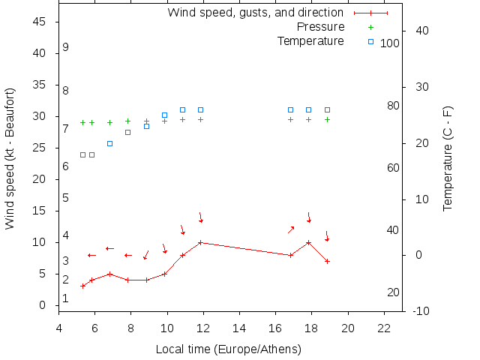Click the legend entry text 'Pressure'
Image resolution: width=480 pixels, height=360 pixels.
pyautogui.click(x=321, y=27)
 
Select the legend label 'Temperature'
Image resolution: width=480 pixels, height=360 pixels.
pyautogui.click(x=310, y=40)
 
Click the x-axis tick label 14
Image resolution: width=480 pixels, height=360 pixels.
pyautogui.click(x=239, y=328)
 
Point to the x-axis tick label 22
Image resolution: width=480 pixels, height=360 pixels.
pyautogui.click(x=384, y=328)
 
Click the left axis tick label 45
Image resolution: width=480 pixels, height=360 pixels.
pyautogui.click(x=41, y=22)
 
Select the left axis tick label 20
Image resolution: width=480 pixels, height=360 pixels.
pyautogui.click(x=41, y=179)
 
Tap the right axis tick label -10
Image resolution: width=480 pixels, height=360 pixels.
pyautogui.click(x=420, y=311)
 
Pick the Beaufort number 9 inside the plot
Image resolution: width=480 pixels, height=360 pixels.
pyautogui.click(x=66, y=47)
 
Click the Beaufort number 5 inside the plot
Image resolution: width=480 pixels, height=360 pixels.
pyautogui.click(x=66, y=198)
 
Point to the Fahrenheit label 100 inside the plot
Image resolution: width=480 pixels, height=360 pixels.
pyautogui.click(x=390, y=43)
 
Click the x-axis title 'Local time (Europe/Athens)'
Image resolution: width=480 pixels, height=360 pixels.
pyautogui.click(x=228, y=349)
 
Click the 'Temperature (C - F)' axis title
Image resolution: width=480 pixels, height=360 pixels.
pyautogui.click(x=448, y=159)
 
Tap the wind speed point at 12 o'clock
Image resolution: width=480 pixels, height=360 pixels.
pyautogui.click(x=200, y=242)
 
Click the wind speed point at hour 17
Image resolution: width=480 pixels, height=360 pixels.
pyautogui.click(x=291, y=255)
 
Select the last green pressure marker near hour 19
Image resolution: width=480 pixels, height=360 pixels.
pyautogui.click(x=327, y=119)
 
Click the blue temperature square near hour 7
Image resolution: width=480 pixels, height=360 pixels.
pyautogui.click(x=109, y=143)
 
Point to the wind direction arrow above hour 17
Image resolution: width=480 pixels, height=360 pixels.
pyautogui.click(x=291, y=229)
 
